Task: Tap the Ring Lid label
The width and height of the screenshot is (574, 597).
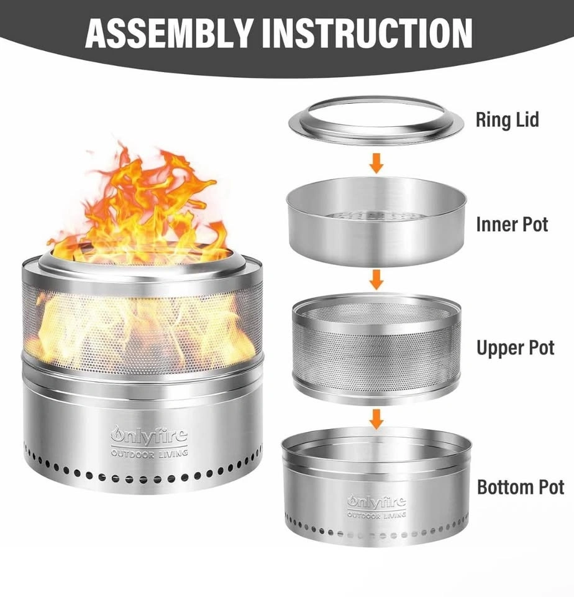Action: click(x=508, y=119)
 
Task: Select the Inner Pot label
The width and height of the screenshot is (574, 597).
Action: click(x=512, y=224)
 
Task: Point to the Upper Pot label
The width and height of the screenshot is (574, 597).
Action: click(x=516, y=348)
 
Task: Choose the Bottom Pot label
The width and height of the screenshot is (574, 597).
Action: click(x=521, y=487)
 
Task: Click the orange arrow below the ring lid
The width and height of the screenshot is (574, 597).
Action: click(x=376, y=163)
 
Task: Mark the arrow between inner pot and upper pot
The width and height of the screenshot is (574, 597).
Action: click(x=376, y=279)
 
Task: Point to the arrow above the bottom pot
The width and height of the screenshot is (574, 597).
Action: click(x=376, y=419)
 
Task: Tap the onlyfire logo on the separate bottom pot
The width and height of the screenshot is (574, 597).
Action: click(x=376, y=502)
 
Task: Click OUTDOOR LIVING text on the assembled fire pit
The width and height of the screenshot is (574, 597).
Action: click(x=149, y=453)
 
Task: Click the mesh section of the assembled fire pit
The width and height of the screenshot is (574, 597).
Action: click(x=143, y=328)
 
